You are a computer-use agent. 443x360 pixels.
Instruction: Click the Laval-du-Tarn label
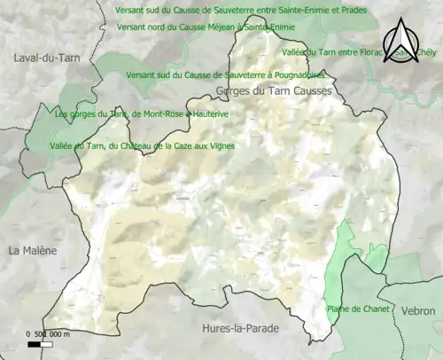tap(43, 58)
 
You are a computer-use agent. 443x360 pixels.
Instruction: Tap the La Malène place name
tap(32, 251)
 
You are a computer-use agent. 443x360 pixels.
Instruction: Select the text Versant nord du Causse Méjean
tap(206, 27)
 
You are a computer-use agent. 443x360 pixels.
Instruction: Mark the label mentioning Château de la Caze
tap(142, 145)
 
